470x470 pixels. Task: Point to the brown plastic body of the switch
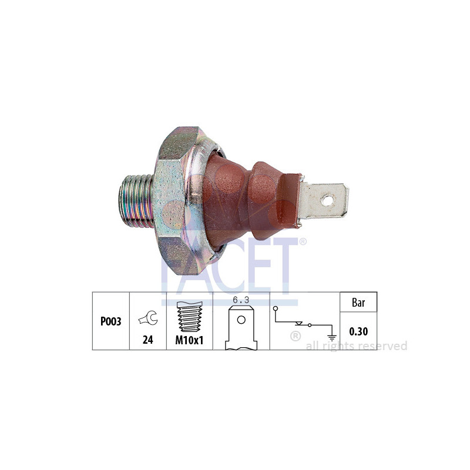click(235, 200)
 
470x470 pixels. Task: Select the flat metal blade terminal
click(323, 200)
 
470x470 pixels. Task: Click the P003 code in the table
click(110, 322)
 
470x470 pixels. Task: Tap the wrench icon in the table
click(148, 318)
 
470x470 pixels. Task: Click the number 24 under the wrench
click(148, 340)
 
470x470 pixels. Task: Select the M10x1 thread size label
click(189, 340)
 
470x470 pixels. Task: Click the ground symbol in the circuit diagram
click(332, 336)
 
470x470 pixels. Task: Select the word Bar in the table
click(358, 303)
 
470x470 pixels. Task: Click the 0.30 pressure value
click(358, 331)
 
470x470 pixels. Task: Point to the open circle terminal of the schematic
click(276, 308)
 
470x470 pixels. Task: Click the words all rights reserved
click(357, 346)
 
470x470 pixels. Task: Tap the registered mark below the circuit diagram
click(296, 337)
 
